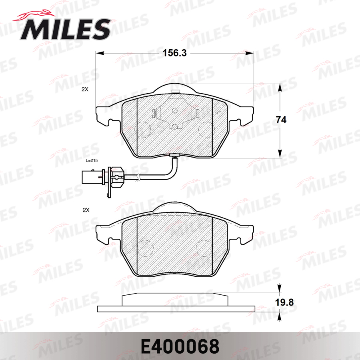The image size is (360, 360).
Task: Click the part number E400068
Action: [x=180, y=346]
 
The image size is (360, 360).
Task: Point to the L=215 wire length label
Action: [x=92, y=160]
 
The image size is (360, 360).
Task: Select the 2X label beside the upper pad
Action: [x=84, y=90]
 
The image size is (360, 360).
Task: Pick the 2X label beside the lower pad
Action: [x=85, y=210]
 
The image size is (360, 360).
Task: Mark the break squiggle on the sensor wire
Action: [x=138, y=176]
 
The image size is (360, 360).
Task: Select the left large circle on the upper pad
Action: [x=142, y=129]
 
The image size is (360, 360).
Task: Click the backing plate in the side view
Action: [x=176, y=309]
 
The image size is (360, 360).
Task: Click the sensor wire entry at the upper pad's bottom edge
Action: [x=174, y=156]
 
